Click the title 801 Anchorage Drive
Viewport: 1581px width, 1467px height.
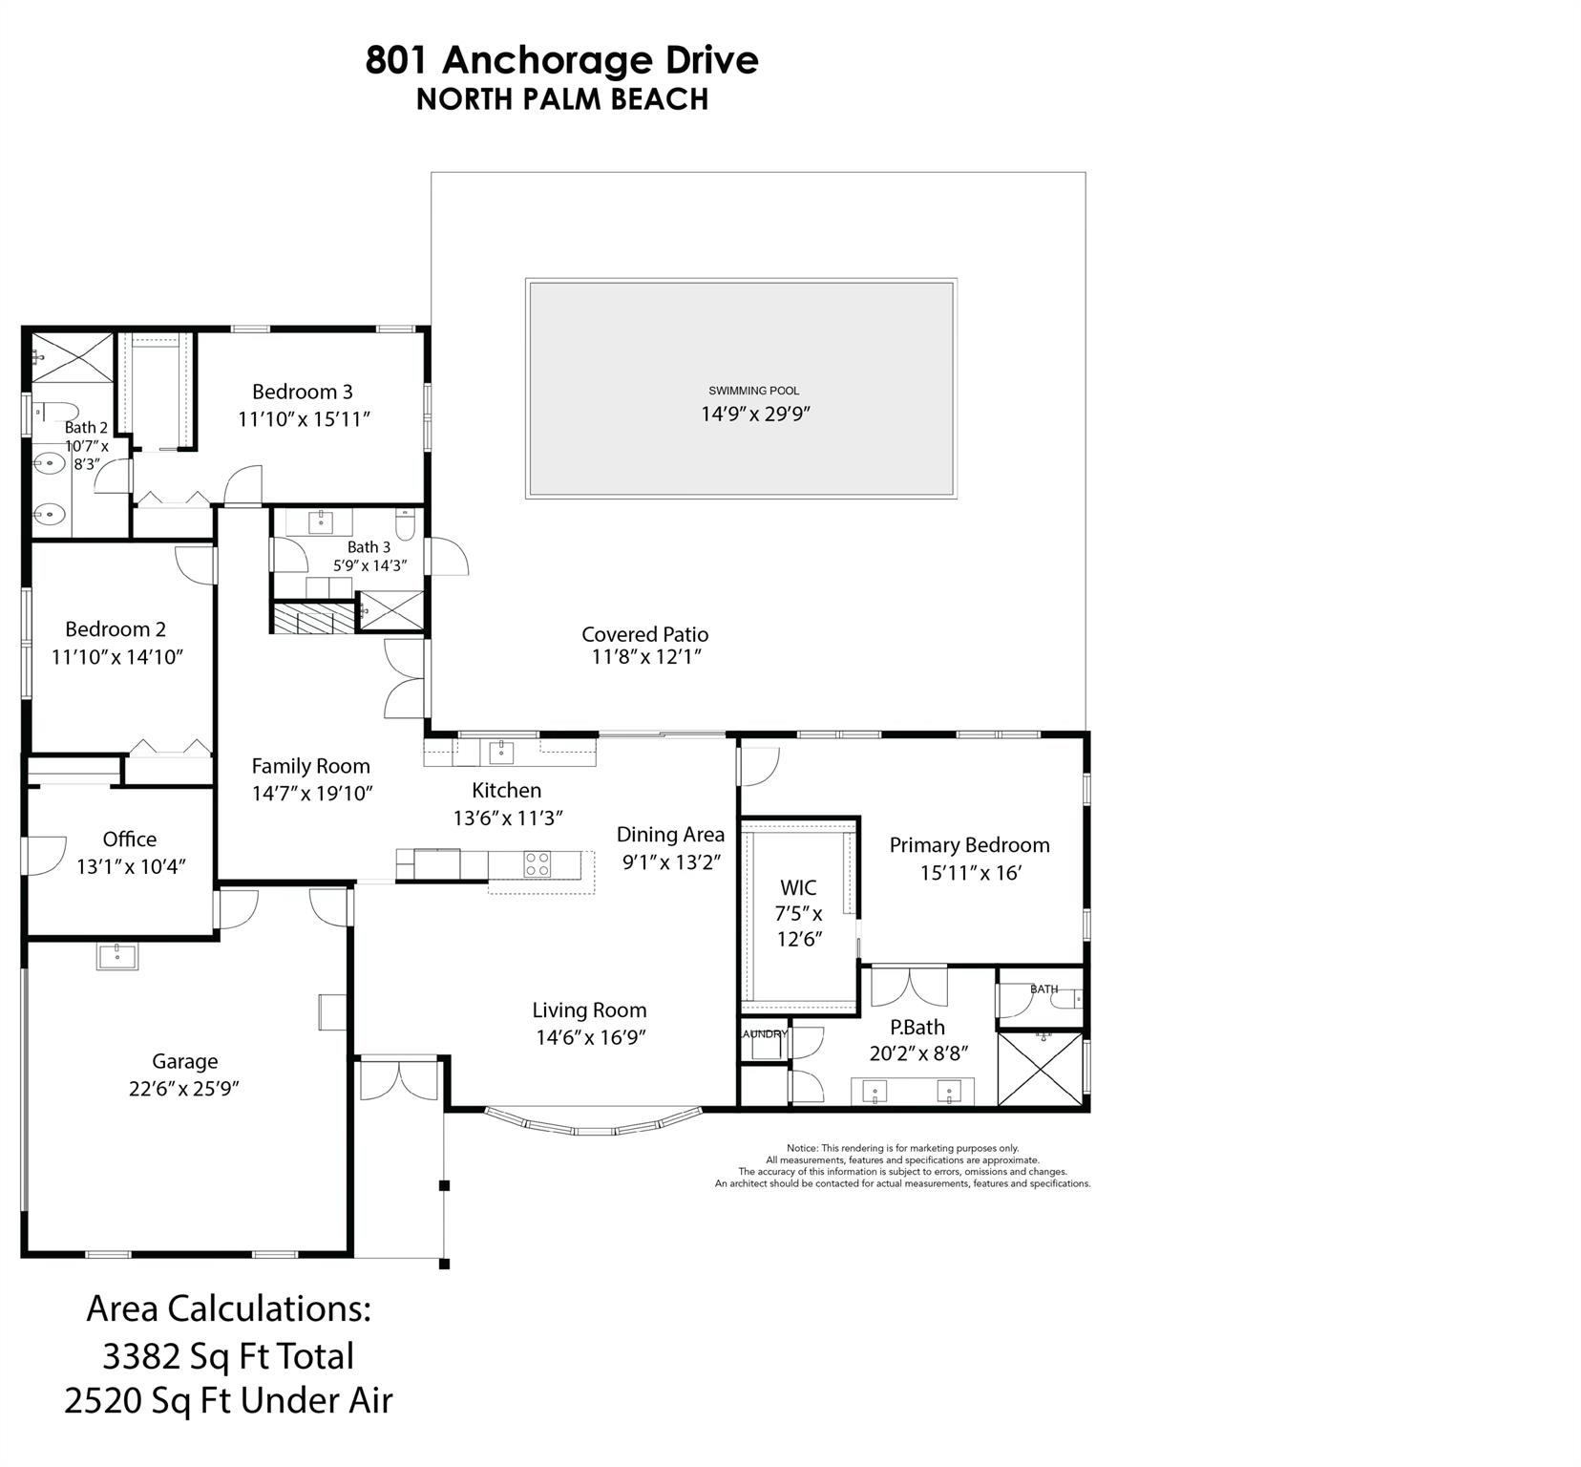tap(561, 60)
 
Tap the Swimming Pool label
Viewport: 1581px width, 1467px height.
tap(753, 391)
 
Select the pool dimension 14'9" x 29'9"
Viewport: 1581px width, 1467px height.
tap(755, 414)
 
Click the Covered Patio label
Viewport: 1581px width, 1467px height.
tap(644, 634)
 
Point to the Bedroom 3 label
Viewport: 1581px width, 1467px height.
tap(302, 392)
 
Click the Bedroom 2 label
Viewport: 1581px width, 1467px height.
tap(116, 629)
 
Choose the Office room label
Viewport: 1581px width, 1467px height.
tap(129, 840)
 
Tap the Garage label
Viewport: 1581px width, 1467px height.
tap(184, 1061)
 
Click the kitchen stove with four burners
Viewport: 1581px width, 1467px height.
tap(537, 864)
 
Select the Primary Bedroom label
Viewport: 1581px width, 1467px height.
tap(969, 845)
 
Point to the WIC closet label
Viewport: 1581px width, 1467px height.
tap(798, 888)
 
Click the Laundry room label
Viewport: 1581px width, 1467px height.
tap(764, 1033)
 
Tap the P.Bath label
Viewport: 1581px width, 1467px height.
tap(917, 1028)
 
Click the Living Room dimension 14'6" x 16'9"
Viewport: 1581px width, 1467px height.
tap(591, 1037)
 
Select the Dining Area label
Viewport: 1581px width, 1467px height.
tap(670, 835)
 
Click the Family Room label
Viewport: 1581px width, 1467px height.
tap(310, 766)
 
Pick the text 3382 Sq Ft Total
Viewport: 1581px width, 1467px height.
tap(228, 1356)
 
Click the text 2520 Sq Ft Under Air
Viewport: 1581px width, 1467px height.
tap(228, 1401)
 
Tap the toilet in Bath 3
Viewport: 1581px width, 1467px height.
tap(406, 525)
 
